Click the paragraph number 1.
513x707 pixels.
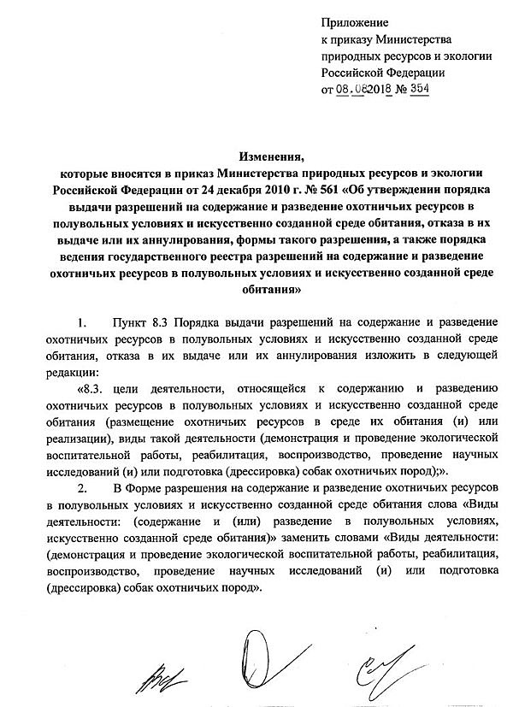click(82, 325)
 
